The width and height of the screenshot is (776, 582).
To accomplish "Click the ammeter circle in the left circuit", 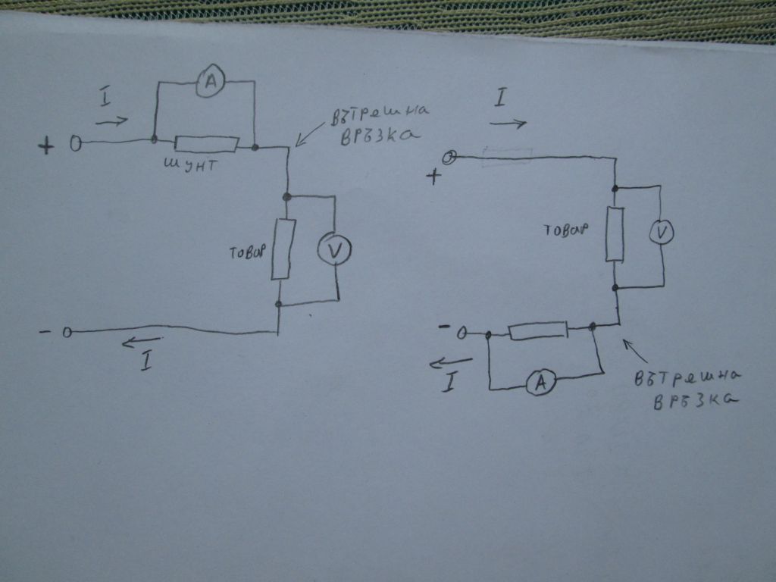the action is [x=211, y=80].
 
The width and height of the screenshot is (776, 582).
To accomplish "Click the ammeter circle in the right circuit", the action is [x=540, y=382].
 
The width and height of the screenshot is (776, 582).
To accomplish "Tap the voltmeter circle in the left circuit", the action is [x=334, y=249].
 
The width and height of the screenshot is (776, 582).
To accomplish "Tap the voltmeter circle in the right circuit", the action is [x=661, y=232].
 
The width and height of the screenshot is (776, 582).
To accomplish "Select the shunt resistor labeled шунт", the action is [x=206, y=143].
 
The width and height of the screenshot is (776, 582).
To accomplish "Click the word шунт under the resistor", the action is [x=190, y=164].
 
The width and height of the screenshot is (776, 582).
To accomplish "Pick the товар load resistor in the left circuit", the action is [x=283, y=249].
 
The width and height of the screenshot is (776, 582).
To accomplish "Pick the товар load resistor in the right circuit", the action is [x=615, y=234].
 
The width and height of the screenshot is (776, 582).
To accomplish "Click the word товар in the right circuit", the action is [x=566, y=230].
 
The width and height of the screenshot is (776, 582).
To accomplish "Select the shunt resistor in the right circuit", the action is [x=539, y=330].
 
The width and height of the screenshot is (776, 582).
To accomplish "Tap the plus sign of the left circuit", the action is [x=46, y=145].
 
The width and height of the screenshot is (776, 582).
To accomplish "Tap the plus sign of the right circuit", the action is [x=434, y=176].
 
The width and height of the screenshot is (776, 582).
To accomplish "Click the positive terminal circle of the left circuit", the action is [x=76, y=144].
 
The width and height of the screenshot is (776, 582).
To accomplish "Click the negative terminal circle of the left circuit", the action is [x=67, y=332].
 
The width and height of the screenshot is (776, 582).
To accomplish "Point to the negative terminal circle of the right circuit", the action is [x=462, y=333].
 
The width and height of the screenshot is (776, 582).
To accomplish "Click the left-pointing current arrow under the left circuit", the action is [x=141, y=341].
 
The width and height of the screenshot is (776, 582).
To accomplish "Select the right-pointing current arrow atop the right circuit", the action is [x=508, y=124].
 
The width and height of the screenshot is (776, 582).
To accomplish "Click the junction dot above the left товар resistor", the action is [x=286, y=196].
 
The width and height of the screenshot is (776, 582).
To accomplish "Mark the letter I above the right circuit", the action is [x=501, y=98].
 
